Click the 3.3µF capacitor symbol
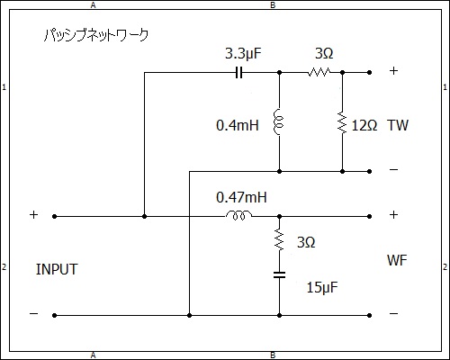[x=238, y=73]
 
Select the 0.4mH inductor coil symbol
[x=278, y=122]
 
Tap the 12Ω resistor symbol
[x=342, y=122]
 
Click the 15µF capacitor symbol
[x=279, y=274]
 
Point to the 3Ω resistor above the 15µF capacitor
[x=279, y=239]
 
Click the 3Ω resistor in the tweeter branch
[x=319, y=72]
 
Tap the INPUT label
[x=57, y=269]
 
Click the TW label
[x=398, y=125]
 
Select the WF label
[x=397, y=260]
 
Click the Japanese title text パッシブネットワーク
[x=96, y=35]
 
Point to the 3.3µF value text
[x=243, y=54]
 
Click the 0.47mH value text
[x=241, y=197]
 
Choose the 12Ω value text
[x=364, y=125]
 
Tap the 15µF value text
[x=322, y=288]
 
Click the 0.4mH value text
[x=238, y=125]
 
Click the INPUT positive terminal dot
[x=54, y=216]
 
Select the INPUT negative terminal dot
[x=54, y=315]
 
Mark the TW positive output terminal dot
[x=370, y=72]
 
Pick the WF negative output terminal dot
[x=370, y=315]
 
